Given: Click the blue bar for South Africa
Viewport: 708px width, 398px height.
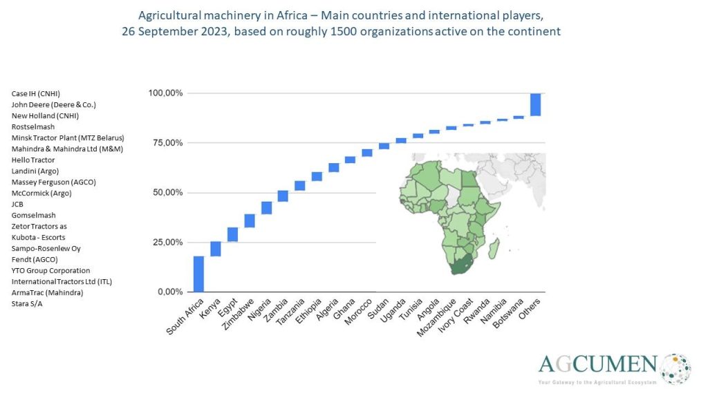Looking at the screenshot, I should [198, 274].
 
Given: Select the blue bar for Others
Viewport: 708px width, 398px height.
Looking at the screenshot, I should [535, 104].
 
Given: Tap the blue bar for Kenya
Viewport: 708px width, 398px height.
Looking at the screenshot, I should [216, 249].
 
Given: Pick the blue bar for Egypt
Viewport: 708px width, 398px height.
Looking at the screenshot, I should [233, 234].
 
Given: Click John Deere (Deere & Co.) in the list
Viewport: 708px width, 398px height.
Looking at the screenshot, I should [54, 105].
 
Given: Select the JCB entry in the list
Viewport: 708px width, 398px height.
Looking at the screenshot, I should [18, 205].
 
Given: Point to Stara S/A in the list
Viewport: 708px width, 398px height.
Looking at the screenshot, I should [27, 304].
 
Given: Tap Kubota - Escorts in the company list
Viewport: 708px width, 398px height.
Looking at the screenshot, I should [39, 238].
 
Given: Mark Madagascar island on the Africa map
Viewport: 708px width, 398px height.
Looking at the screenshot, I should [494, 248].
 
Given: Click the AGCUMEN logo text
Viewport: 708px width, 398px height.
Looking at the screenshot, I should [598, 364].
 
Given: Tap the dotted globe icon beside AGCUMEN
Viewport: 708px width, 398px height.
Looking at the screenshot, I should [676, 368].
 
